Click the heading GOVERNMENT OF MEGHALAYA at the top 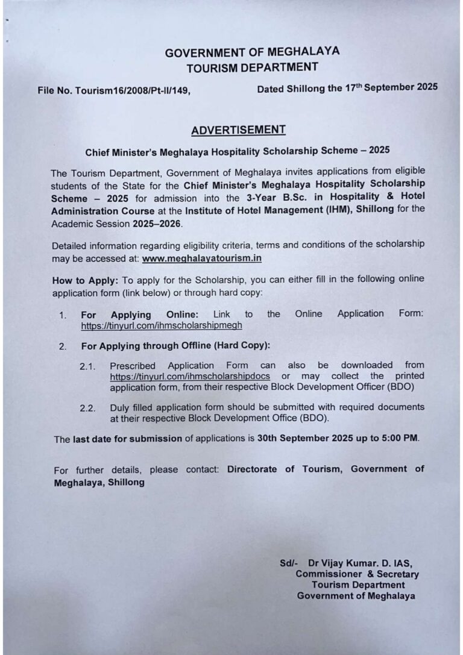click(252, 52)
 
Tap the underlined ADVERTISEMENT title click(238, 130)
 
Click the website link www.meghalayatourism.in click(201, 258)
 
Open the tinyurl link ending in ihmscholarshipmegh click(162, 325)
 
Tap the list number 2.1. click(87, 366)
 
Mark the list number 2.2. click(87, 409)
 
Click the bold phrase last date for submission click(127, 439)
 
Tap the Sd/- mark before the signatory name click(288, 563)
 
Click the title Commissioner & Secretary click(357, 574)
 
